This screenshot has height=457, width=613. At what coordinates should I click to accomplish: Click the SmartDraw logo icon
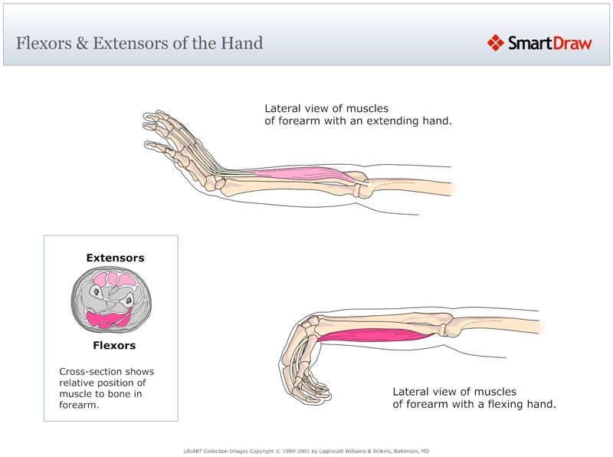pos(496,43)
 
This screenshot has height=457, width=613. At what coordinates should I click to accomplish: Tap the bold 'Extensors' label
pos(115,258)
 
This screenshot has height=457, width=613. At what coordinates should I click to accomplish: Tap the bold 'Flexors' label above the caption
pos(114,345)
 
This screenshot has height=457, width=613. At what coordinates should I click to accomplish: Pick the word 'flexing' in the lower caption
pos(500,403)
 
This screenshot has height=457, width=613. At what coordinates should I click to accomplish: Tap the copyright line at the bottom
pos(306,451)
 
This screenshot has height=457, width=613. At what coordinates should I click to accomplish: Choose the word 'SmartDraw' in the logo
pos(550,43)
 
